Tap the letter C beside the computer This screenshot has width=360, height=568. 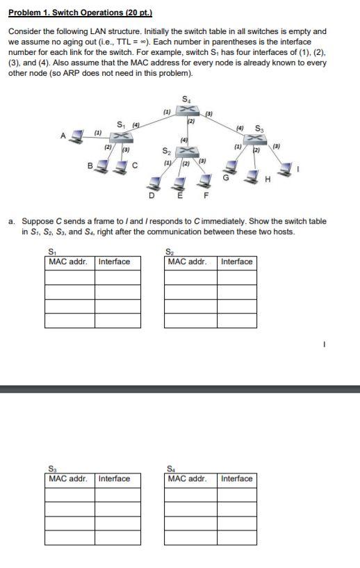point(135,165)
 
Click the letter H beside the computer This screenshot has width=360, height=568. point(268,181)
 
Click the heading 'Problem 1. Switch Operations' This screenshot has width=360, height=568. point(80,13)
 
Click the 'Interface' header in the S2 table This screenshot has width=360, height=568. point(236,262)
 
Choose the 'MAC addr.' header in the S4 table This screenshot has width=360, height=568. point(187,478)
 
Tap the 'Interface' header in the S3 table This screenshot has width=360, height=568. point(114,478)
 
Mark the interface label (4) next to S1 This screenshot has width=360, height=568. point(136,124)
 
